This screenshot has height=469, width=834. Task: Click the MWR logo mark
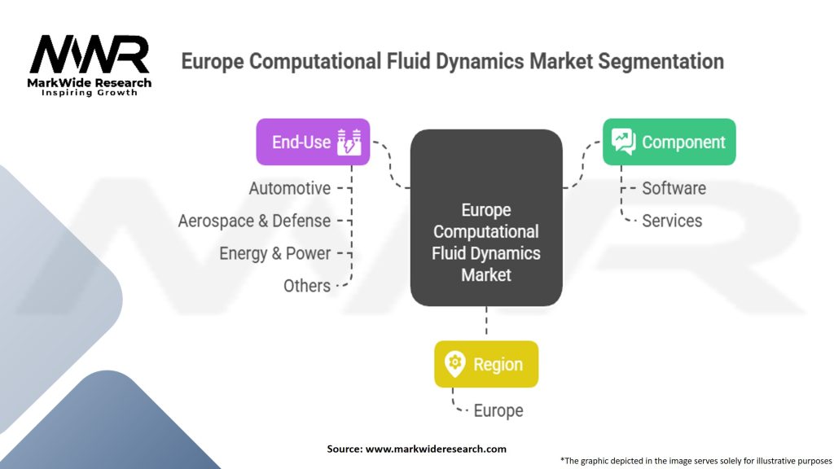coord(90,54)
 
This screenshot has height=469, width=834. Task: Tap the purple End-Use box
coord(313,142)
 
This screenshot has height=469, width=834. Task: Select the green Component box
coord(669,142)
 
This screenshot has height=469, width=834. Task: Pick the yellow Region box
coord(486,364)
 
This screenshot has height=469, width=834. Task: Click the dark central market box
coord(486,217)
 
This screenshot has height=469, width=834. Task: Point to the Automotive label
coord(290,188)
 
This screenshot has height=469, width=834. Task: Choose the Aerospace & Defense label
coord(254,221)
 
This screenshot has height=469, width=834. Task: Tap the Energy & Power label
coord(275,254)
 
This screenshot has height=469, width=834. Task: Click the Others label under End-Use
coord(307,286)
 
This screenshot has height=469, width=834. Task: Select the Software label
coord(674,188)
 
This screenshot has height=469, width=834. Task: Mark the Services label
coord(672,221)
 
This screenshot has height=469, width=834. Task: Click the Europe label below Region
coord(498,410)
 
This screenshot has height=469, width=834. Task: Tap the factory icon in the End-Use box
coord(349,142)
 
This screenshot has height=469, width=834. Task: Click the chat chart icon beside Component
coord(623,142)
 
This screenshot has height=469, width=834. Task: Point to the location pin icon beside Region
coord(454,364)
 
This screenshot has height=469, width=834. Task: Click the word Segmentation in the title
coord(661,62)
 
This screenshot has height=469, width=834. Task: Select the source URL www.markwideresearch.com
coord(436,449)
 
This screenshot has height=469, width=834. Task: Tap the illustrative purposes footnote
coord(696,461)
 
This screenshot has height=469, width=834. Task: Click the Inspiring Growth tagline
coord(90,93)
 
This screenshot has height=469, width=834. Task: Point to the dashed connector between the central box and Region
coord(486,321)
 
